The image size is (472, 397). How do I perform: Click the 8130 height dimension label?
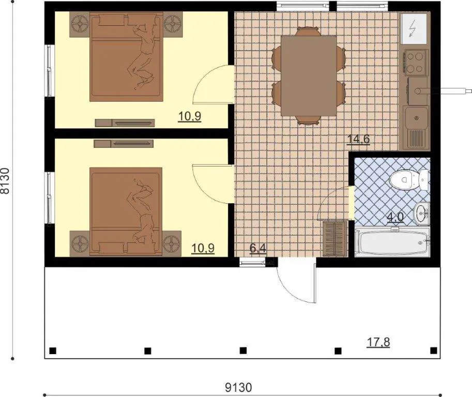tap(6, 180)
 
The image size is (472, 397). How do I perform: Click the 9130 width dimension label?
tap(238, 388)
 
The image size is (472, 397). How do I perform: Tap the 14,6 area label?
tap(358, 140)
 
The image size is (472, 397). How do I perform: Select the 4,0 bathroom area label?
tap(395, 217)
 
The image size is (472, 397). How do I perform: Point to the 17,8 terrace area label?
tap(378, 342)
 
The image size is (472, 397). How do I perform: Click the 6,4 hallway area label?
tap(258, 248)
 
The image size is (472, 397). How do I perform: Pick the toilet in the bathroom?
tap(409, 180)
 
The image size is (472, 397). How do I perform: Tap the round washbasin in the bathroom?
tap(422, 213)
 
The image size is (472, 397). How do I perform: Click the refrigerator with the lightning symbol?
tap(414, 28)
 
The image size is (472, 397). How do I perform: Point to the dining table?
tap(309, 75)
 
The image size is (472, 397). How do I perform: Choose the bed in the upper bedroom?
tap(126, 56)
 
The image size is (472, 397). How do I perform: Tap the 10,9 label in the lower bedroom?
tap(203, 248)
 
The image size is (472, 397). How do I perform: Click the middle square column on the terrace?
tap(243, 350)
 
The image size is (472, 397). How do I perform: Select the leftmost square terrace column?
tap(53, 350)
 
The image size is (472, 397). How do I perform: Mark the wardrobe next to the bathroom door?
tap(335, 239)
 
